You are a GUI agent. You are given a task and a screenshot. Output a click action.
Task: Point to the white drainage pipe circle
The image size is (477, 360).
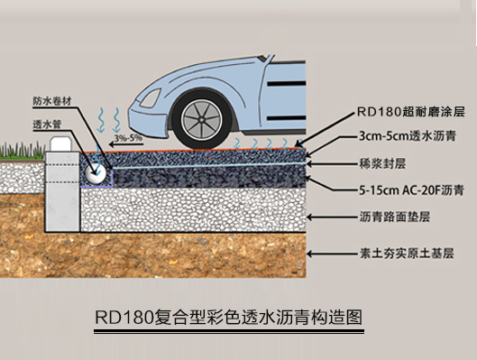coord(96,168)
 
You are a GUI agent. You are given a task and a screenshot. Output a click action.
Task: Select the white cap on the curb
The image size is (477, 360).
coord(60,142)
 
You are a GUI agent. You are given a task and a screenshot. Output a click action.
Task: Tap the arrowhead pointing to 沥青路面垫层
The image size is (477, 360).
coord(309,217)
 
